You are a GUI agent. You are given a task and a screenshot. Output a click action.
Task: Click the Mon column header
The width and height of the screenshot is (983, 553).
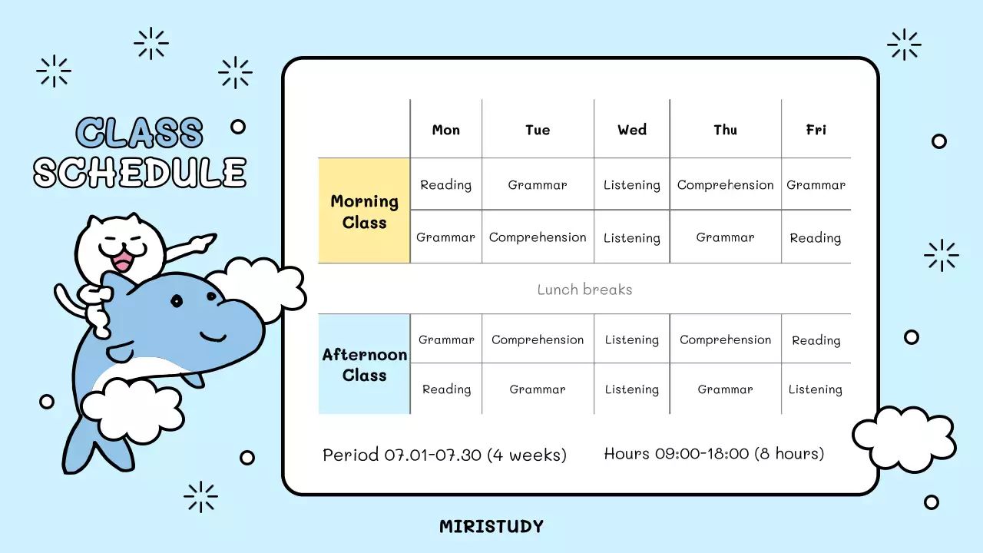click(445, 130)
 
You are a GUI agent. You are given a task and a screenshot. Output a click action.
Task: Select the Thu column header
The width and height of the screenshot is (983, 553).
click(725, 130)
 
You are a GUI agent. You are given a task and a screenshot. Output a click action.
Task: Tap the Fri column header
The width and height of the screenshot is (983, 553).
click(816, 130)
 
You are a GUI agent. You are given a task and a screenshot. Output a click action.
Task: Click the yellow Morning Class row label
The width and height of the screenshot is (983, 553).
click(364, 211)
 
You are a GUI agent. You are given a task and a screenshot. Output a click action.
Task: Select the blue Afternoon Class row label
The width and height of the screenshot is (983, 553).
click(364, 365)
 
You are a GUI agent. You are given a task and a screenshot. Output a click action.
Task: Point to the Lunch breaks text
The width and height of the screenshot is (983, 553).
click(584, 290)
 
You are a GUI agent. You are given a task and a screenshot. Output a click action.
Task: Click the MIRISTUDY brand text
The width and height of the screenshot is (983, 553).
click(491, 527)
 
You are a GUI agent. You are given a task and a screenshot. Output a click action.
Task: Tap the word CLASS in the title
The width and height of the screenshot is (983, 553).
click(140, 134)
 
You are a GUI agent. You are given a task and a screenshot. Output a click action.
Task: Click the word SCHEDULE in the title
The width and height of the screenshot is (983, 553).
click(140, 173)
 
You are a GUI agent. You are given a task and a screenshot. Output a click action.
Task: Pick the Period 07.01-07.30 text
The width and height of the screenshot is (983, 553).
click(444, 455)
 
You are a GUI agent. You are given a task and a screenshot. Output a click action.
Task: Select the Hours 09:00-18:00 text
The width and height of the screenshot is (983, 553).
click(713, 454)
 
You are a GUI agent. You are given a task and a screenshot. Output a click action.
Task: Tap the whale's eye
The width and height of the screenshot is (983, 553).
click(177, 301)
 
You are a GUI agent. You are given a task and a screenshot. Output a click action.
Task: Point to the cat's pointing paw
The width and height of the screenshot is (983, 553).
click(204, 243)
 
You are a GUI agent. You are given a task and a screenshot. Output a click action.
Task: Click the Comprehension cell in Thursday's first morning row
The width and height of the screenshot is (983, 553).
click(725, 185)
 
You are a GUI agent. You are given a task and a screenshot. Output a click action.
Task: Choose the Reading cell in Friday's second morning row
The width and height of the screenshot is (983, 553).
click(816, 238)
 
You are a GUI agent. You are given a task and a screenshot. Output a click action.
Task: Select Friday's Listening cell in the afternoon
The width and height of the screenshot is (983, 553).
click(816, 390)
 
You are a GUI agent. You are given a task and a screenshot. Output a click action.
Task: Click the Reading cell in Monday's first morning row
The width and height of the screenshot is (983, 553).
click(445, 185)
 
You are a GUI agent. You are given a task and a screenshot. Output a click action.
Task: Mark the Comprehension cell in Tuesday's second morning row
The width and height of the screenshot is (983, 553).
click(538, 237)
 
